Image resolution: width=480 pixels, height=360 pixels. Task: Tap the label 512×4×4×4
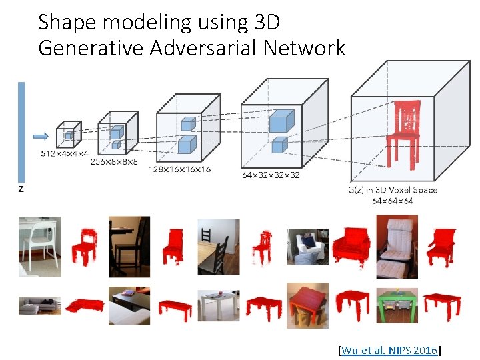pyautogui.click(x=65, y=154)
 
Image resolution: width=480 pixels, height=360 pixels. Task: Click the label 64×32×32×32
pyautogui.click(x=270, y=175)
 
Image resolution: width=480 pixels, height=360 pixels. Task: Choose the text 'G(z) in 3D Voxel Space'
pyautogui.click(x=393, y=190)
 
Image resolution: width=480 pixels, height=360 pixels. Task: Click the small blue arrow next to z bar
pyautogui.click(x=40, y=137)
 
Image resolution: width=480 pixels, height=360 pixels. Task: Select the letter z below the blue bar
pyautogui.click(x=21, y=189)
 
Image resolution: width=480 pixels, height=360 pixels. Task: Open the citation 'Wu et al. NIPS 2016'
pyautogui.click(x=391, y=350)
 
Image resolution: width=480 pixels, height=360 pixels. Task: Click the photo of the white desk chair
pyautogui.click(x=39, y=247)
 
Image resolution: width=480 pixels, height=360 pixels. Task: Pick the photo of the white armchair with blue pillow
pyautogui.click(x=307, y=247)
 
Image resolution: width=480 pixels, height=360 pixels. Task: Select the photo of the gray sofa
pyautogui.click(x=39, y=305)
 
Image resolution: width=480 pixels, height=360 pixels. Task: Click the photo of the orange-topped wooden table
pyautogui.click(x=307, y=304)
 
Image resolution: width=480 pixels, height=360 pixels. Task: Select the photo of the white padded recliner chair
pyautogui.click(x=397, y=247)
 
